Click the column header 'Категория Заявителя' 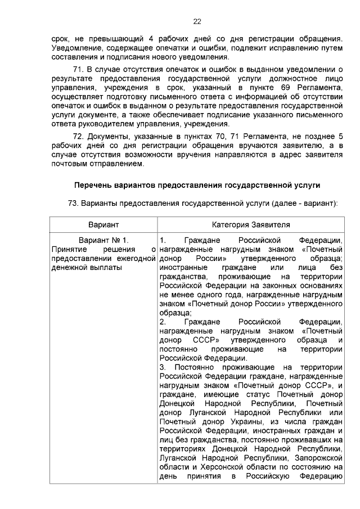pos(251,224)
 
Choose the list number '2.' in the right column pos(163,322)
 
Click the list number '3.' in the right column pos(163,367)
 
